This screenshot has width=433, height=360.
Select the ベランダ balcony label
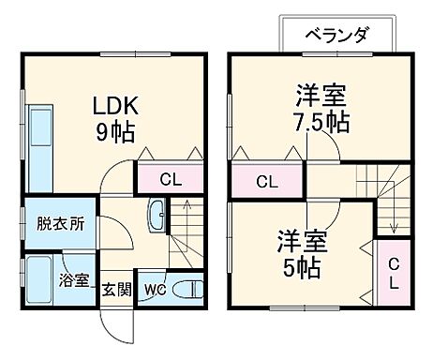pyautogui.click(x=336, y=35)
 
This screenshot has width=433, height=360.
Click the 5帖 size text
pyautogui.click(x=300, y=267)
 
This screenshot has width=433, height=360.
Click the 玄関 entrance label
pyautogui.click(x=115, y=289)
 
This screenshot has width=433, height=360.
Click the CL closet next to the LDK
pyautogui.click(x=169, y=179)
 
